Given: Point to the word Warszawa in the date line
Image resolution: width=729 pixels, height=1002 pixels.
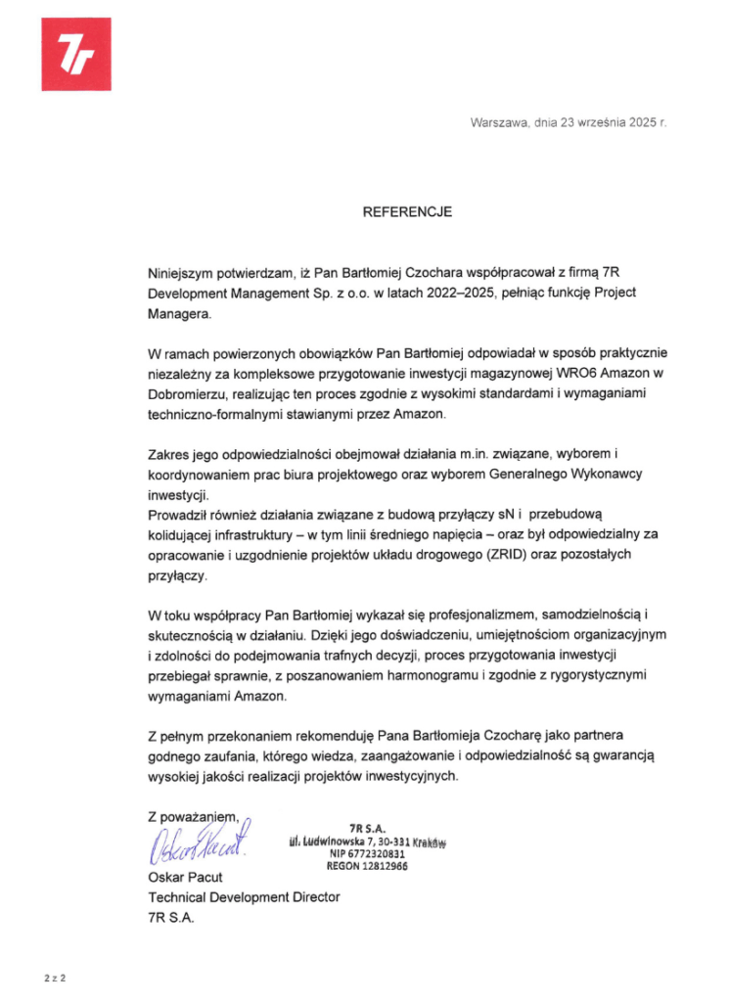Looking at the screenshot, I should point(499,123).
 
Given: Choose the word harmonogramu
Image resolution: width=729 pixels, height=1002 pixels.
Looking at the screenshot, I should point(430,676).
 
